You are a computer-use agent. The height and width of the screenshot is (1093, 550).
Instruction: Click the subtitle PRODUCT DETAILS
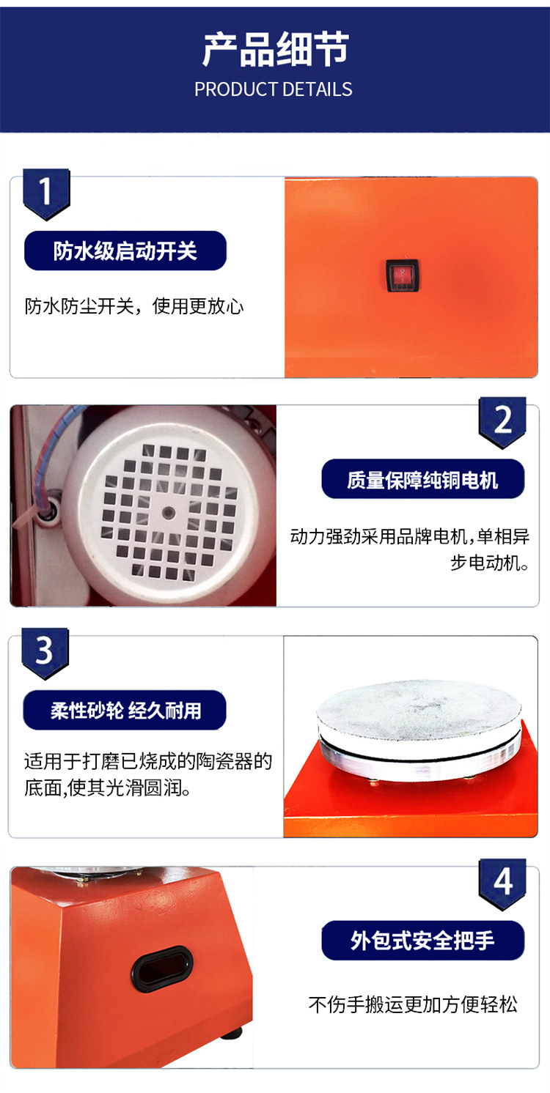click(x=274, y=89)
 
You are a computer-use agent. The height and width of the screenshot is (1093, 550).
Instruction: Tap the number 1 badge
click(x=46, y=193)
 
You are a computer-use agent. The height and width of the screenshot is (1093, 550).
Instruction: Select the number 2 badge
click(x=502, y=422)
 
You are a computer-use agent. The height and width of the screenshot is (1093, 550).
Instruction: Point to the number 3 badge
click(x=45, y=653)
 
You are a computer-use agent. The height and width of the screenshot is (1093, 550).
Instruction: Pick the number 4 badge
click(x=502, y=883)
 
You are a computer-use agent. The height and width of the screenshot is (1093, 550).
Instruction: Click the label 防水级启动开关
click(x=125, y=251)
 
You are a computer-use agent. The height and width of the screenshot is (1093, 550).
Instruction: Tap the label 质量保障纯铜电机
click(x=422, y=479)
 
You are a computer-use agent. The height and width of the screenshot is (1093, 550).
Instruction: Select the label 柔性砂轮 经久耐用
click(x=125, y=710)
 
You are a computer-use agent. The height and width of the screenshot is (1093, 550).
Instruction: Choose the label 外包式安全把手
click(x=422, y=941)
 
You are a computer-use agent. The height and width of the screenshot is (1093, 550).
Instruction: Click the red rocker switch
click(x=403, y=275)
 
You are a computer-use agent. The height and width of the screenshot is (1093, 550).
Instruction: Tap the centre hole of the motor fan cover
click(x=169, y=513)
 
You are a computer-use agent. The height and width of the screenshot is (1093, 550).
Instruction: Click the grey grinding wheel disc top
click(x=419, y=707)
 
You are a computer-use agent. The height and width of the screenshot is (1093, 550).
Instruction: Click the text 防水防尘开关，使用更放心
click(x=134, y=306)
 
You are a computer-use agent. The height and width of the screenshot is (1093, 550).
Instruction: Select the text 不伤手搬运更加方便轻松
click(x=413, y=1004)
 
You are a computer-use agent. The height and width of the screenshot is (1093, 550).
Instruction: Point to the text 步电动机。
click(x=489, y=563)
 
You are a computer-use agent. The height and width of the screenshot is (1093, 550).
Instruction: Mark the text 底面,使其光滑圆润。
click(x=108, y=788)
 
